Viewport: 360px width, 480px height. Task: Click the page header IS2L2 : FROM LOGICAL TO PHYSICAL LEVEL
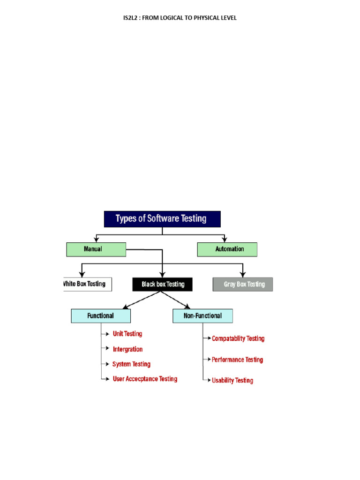click(x=180, y=18)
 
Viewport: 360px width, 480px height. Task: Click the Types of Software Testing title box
click(x=162, y=219)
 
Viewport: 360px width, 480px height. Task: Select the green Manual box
click(x=96, y=249)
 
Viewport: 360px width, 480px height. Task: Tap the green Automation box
click(x=227, y=249)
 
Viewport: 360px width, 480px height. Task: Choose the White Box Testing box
click(x=87, y=284)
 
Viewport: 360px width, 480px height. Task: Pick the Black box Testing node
click(x=162, y=284)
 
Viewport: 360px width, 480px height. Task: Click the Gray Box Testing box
click(x=242, y=285)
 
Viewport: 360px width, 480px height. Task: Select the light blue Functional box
click(x=101, y=316)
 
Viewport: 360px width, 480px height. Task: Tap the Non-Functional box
click(x=202, y=316)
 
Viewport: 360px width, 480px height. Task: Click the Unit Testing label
click(x=127, y=334)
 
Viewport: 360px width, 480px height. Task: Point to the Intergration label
click(x=127, y=349)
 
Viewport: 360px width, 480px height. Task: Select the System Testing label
click(x=131, y=364)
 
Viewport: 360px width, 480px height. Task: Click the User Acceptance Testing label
click(x=145, y=379)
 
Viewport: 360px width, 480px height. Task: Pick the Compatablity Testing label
click(x=238, y=338)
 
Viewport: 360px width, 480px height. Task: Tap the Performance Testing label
click(x=237, y=360)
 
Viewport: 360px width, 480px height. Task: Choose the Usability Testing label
click(x=232, y=381)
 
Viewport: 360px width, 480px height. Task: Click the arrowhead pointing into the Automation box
click(x=225, y=240)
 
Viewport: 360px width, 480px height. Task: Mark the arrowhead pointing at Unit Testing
click(x=108, y=334)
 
